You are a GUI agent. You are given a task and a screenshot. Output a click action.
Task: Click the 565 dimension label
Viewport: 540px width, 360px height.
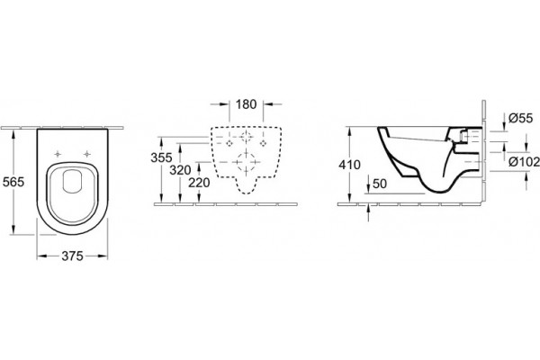pyautogui.click(x=13, y=182)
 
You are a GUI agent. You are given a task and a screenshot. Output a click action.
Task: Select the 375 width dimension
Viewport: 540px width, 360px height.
pyautogui.click(x=72, y=256)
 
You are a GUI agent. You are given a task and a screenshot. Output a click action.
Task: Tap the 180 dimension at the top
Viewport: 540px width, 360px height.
pyautogui.click(x=247, y=104)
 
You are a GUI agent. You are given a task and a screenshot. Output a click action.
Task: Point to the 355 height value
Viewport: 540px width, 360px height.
pyautogui.click(x=161, y=157)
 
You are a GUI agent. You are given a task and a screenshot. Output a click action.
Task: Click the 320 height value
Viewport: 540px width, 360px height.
pyautogui.click(x=180, y=170)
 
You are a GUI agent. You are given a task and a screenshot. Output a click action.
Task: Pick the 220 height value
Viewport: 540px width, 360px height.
pyautogui.click(x=199, y=183)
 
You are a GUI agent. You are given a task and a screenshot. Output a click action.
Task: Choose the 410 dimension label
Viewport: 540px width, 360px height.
pyautogui.click(x=349, y=165)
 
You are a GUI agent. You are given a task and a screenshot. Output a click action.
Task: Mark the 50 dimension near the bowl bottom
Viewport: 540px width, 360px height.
pyautogui.click(x=380, y=184)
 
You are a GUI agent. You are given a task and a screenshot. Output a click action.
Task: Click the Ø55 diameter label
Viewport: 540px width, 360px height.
pyautogui.click(x=520, y=118)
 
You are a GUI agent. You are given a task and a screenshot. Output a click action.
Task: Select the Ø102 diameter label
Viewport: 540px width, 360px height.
pyautogui.click(x=524, y=161)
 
